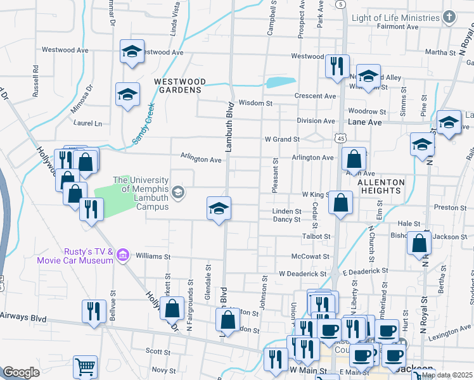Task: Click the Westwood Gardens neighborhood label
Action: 179,85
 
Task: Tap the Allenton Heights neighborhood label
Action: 380,186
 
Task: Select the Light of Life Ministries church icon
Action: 449,18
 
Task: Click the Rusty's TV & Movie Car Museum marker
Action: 123,255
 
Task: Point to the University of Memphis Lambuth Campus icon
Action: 179,192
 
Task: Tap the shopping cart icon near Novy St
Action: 86,367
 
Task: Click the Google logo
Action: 21,372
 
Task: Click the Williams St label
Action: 153,257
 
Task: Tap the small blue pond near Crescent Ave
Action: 281,82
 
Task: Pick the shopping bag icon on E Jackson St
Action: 420,243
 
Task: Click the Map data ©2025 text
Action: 446,375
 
